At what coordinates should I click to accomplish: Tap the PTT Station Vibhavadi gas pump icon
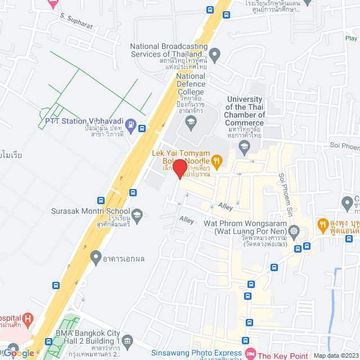pyautogui.click(x=130, y=124)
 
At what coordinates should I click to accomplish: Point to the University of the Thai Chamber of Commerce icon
pyautogui.click(x=244, y=148)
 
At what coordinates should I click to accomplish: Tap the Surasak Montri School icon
pyautogui.click(x=138, y=214)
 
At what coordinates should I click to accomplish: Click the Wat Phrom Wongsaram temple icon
pyautogui.click(x=294, y=230)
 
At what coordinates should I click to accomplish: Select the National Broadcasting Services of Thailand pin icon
pyautogui.click(x=214, y=54)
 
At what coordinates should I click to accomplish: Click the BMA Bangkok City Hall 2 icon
pyautogui.click(x=128, y=340)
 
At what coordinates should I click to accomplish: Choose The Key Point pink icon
pyautogui.click(x=249, y=355)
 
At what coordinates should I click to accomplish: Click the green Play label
pyautogui.click(x=351, y=39)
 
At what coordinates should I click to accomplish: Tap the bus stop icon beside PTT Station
pyautogui.click(x=143, y=128)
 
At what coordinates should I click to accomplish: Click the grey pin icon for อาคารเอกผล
pyautogui.click(x=95, y=259)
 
